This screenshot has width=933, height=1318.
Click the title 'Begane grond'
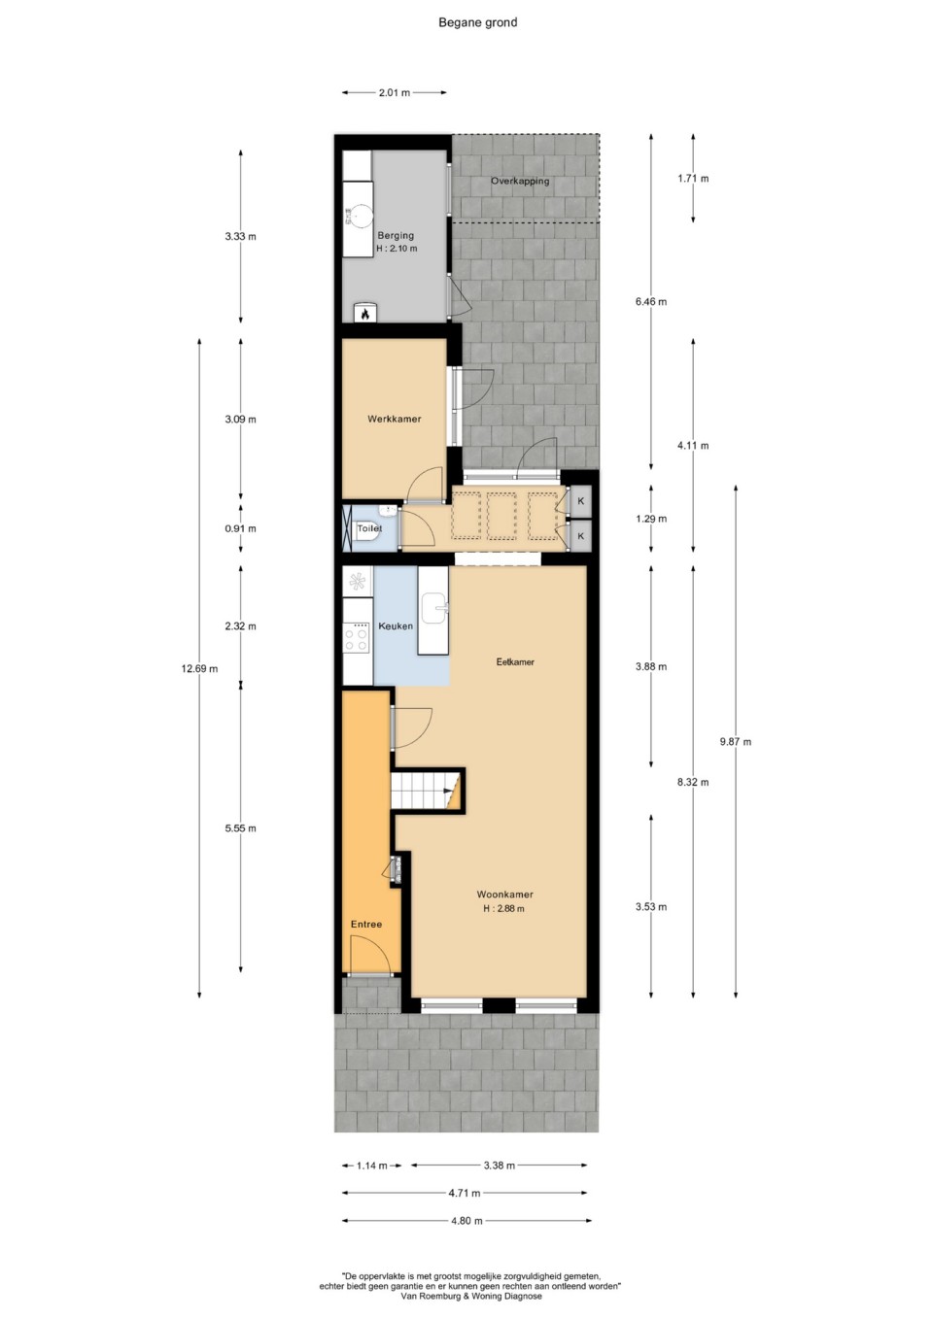click(477, 22)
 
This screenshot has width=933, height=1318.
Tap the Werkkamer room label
click(394, 419)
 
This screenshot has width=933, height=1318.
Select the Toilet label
click(369, 527)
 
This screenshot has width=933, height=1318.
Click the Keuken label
click(395, 626)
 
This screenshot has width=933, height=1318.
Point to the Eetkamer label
click(515, 662)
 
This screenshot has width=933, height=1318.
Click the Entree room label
click(366, 925)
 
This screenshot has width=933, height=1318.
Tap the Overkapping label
click(520, 182)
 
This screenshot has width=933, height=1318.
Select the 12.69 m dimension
click(199, 668)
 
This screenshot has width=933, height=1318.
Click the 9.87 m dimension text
click(735, 741)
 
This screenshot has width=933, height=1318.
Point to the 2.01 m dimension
click(394, 92)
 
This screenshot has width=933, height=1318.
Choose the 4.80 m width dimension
click(466, 1220)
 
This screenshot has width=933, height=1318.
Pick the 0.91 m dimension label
click(240, 528)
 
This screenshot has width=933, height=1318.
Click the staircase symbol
click(428, 791)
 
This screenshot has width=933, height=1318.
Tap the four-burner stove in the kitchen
click(357, 638)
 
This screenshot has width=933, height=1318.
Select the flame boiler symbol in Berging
click(364, 313)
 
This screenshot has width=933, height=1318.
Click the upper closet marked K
click(581, 501)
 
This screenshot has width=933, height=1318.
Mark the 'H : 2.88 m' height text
click(503, 908)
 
